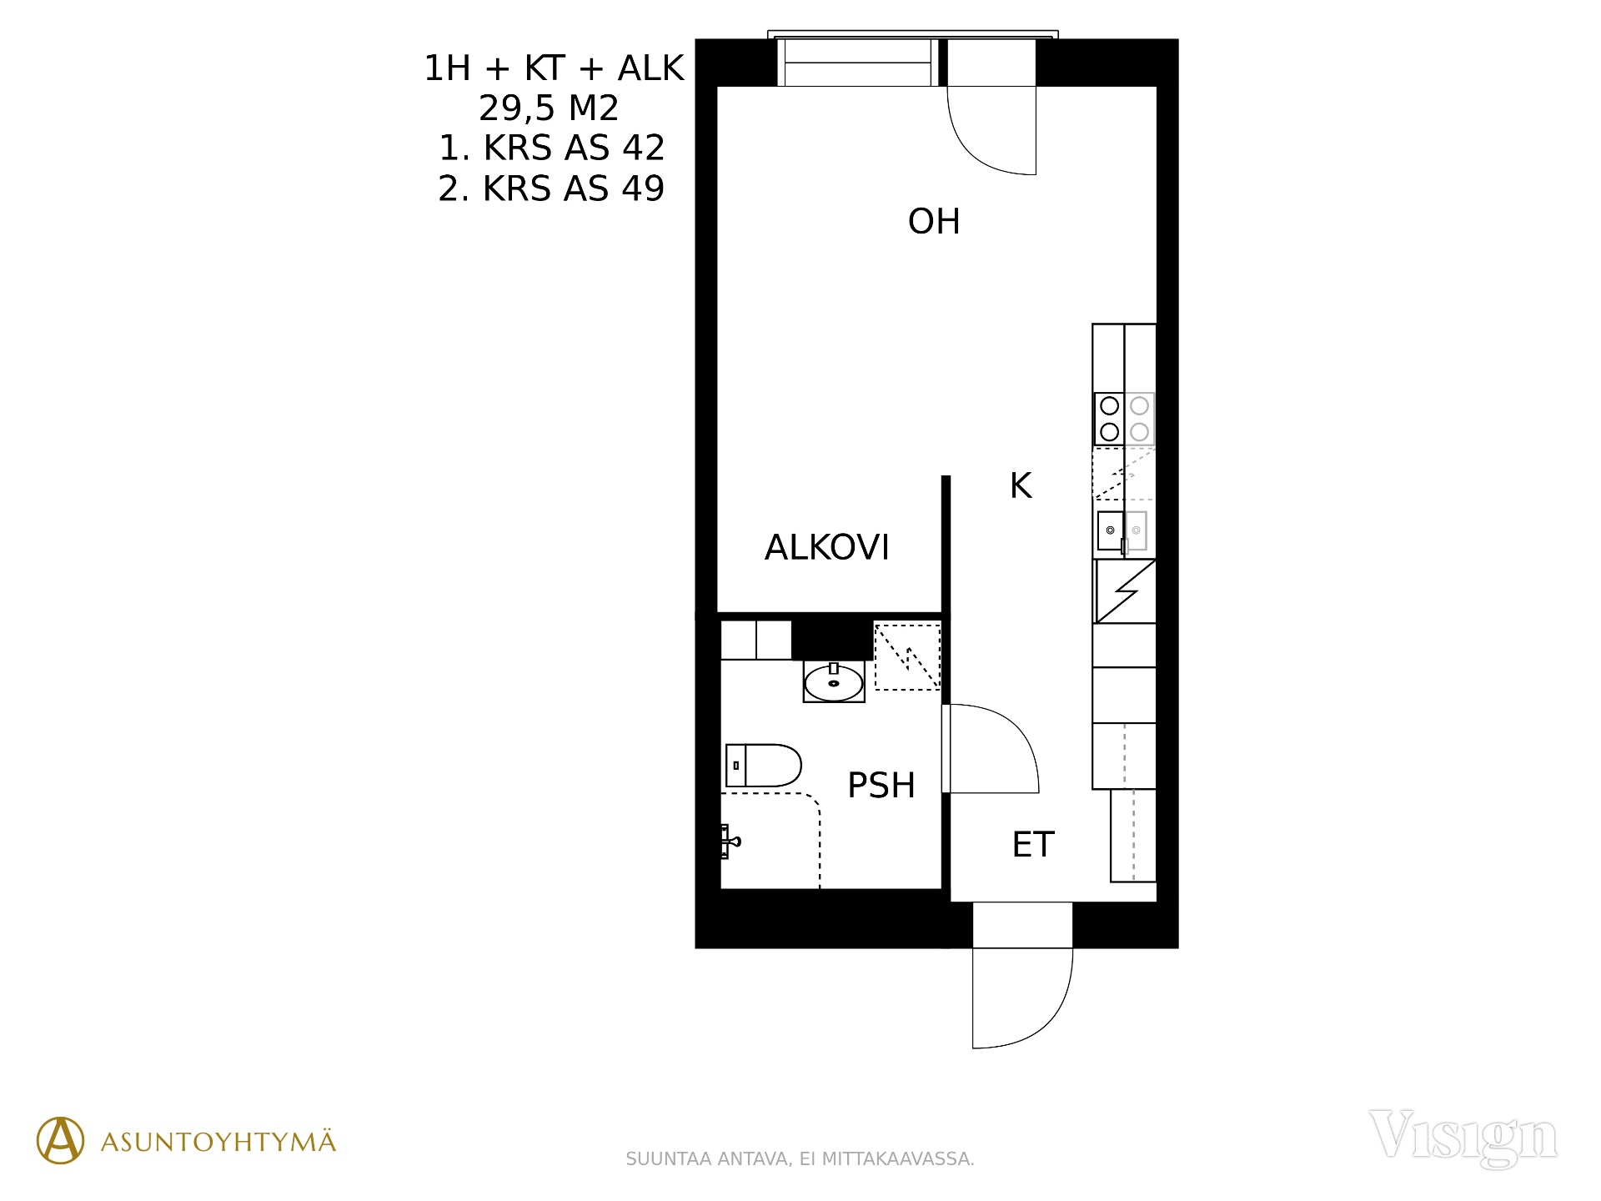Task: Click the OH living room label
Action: tap(934, 222)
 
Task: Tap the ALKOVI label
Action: tap(827, 548)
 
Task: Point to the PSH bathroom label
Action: tap(881, 786)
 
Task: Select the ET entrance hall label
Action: tap(1033, 845)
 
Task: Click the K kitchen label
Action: tap(1021, 485)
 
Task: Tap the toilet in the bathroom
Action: tap(763, 766)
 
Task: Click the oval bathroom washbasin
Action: tap(834, 683)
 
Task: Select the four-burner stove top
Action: tap(1124, 419)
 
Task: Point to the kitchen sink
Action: tap(1122, 531)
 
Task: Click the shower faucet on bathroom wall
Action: tap(730, 842)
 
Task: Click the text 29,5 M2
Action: tap(549, 108)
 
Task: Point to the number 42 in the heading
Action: tap(643, 148)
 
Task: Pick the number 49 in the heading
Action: tap(643, 188)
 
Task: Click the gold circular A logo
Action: tap(60, 1140)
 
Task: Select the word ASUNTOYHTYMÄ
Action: tap(218, 1141)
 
